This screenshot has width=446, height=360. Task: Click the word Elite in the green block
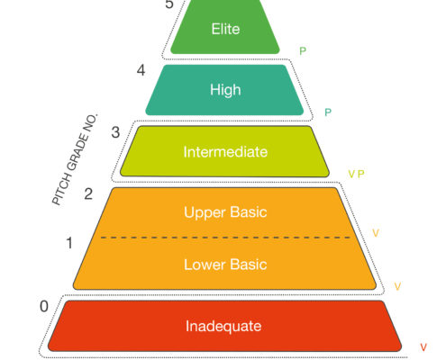click(225, 29)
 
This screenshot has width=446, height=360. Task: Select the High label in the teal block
click(225, 90)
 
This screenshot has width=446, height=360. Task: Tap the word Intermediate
click(225, 152)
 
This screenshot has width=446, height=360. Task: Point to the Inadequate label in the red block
click(223, 326)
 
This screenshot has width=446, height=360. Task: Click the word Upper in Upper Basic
click(205, 212)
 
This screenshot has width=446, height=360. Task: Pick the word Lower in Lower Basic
click(205, 265)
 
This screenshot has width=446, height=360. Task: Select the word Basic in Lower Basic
click(249, 265)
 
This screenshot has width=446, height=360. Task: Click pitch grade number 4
click(141, 70)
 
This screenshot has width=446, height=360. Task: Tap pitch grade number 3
click(115, 132)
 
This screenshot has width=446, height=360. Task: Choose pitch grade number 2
click(88, 193)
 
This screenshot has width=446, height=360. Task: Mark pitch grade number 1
click(69, 243)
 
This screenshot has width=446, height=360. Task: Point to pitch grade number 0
click(44, 306)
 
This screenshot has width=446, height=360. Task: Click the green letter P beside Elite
click(303, 51)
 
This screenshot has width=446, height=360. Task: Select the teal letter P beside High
click(328, 112)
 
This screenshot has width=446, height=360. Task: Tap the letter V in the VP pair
click(351, 174)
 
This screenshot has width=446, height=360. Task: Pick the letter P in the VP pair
click(361, 174)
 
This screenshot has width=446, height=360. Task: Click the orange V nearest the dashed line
click(376, 233)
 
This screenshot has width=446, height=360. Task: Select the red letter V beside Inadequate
click(423, 347)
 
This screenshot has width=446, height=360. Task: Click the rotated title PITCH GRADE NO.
click(75, 159)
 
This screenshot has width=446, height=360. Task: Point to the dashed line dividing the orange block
click(225, 238)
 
